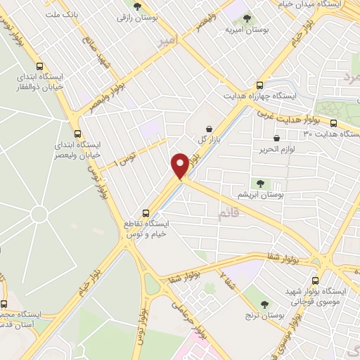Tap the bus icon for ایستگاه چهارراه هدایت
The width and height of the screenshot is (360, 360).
[x=260, y=82]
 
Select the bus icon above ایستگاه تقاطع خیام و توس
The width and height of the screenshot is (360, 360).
[x=146, y=212]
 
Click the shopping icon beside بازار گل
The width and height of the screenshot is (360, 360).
[x=210, y=129]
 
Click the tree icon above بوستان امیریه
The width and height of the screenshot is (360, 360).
[x=245, y=18]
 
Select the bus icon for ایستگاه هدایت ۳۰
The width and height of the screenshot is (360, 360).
[x=333, y=122]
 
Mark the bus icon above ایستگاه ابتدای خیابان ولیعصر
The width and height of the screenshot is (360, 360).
[x=77, y=133]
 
